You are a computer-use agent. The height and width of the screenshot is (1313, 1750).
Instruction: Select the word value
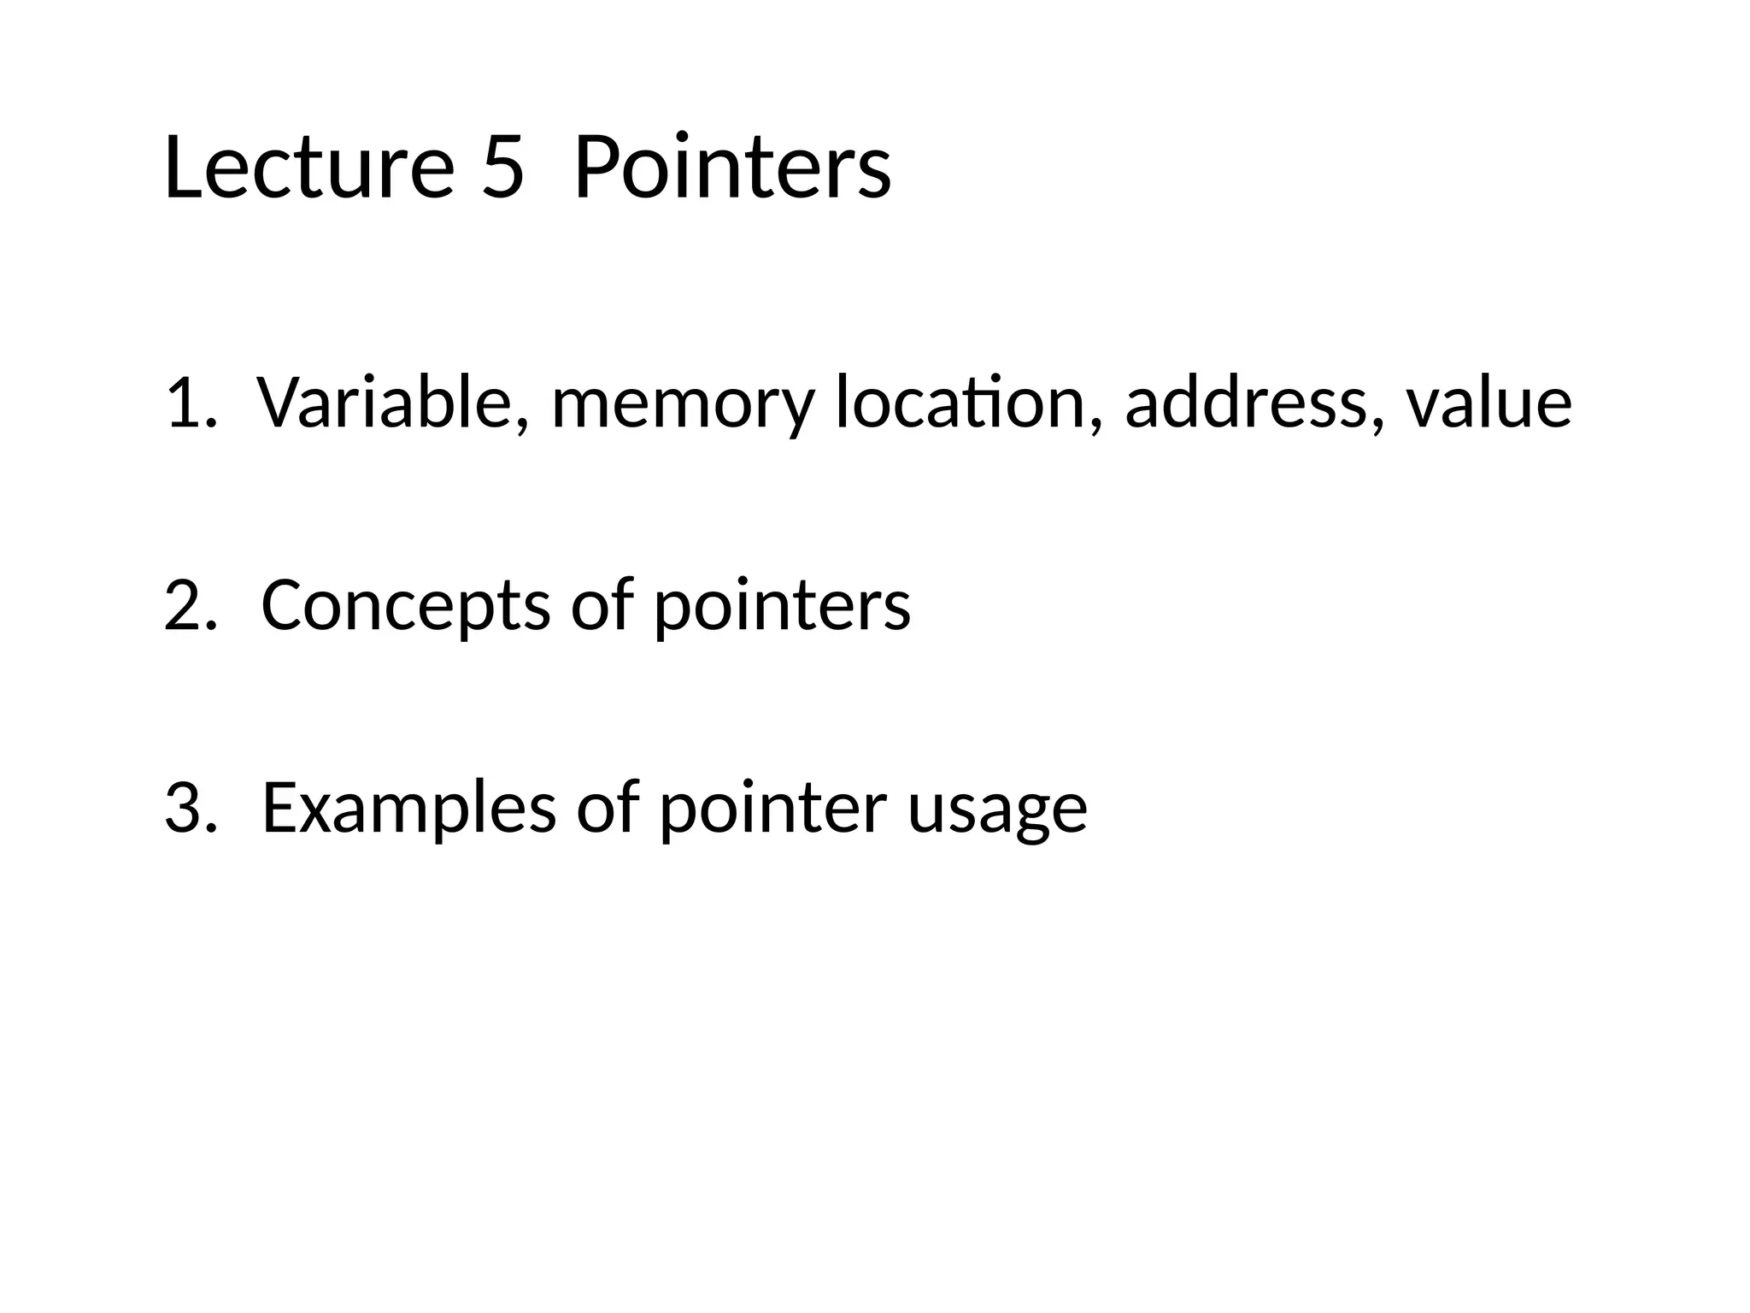[1489, 403]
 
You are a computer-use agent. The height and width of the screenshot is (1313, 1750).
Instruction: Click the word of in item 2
[603, 605]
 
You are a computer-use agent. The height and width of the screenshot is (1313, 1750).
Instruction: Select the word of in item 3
[608, 808]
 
